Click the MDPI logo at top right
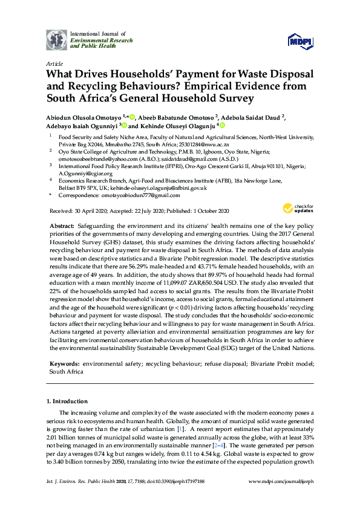pyautogui.click(x=301, y=41)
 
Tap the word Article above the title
pyautogui.click(x=54, y=62)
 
